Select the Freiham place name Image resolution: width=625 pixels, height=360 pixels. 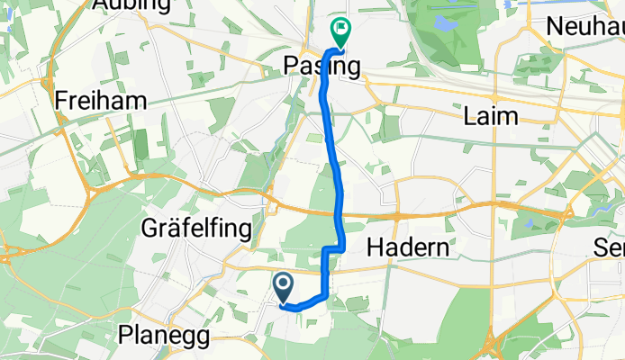pos(101,100)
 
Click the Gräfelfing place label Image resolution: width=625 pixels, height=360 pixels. pos(196,229)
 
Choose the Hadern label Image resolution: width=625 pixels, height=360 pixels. pos(404,248)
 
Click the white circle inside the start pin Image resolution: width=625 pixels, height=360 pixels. pos(283,285)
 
